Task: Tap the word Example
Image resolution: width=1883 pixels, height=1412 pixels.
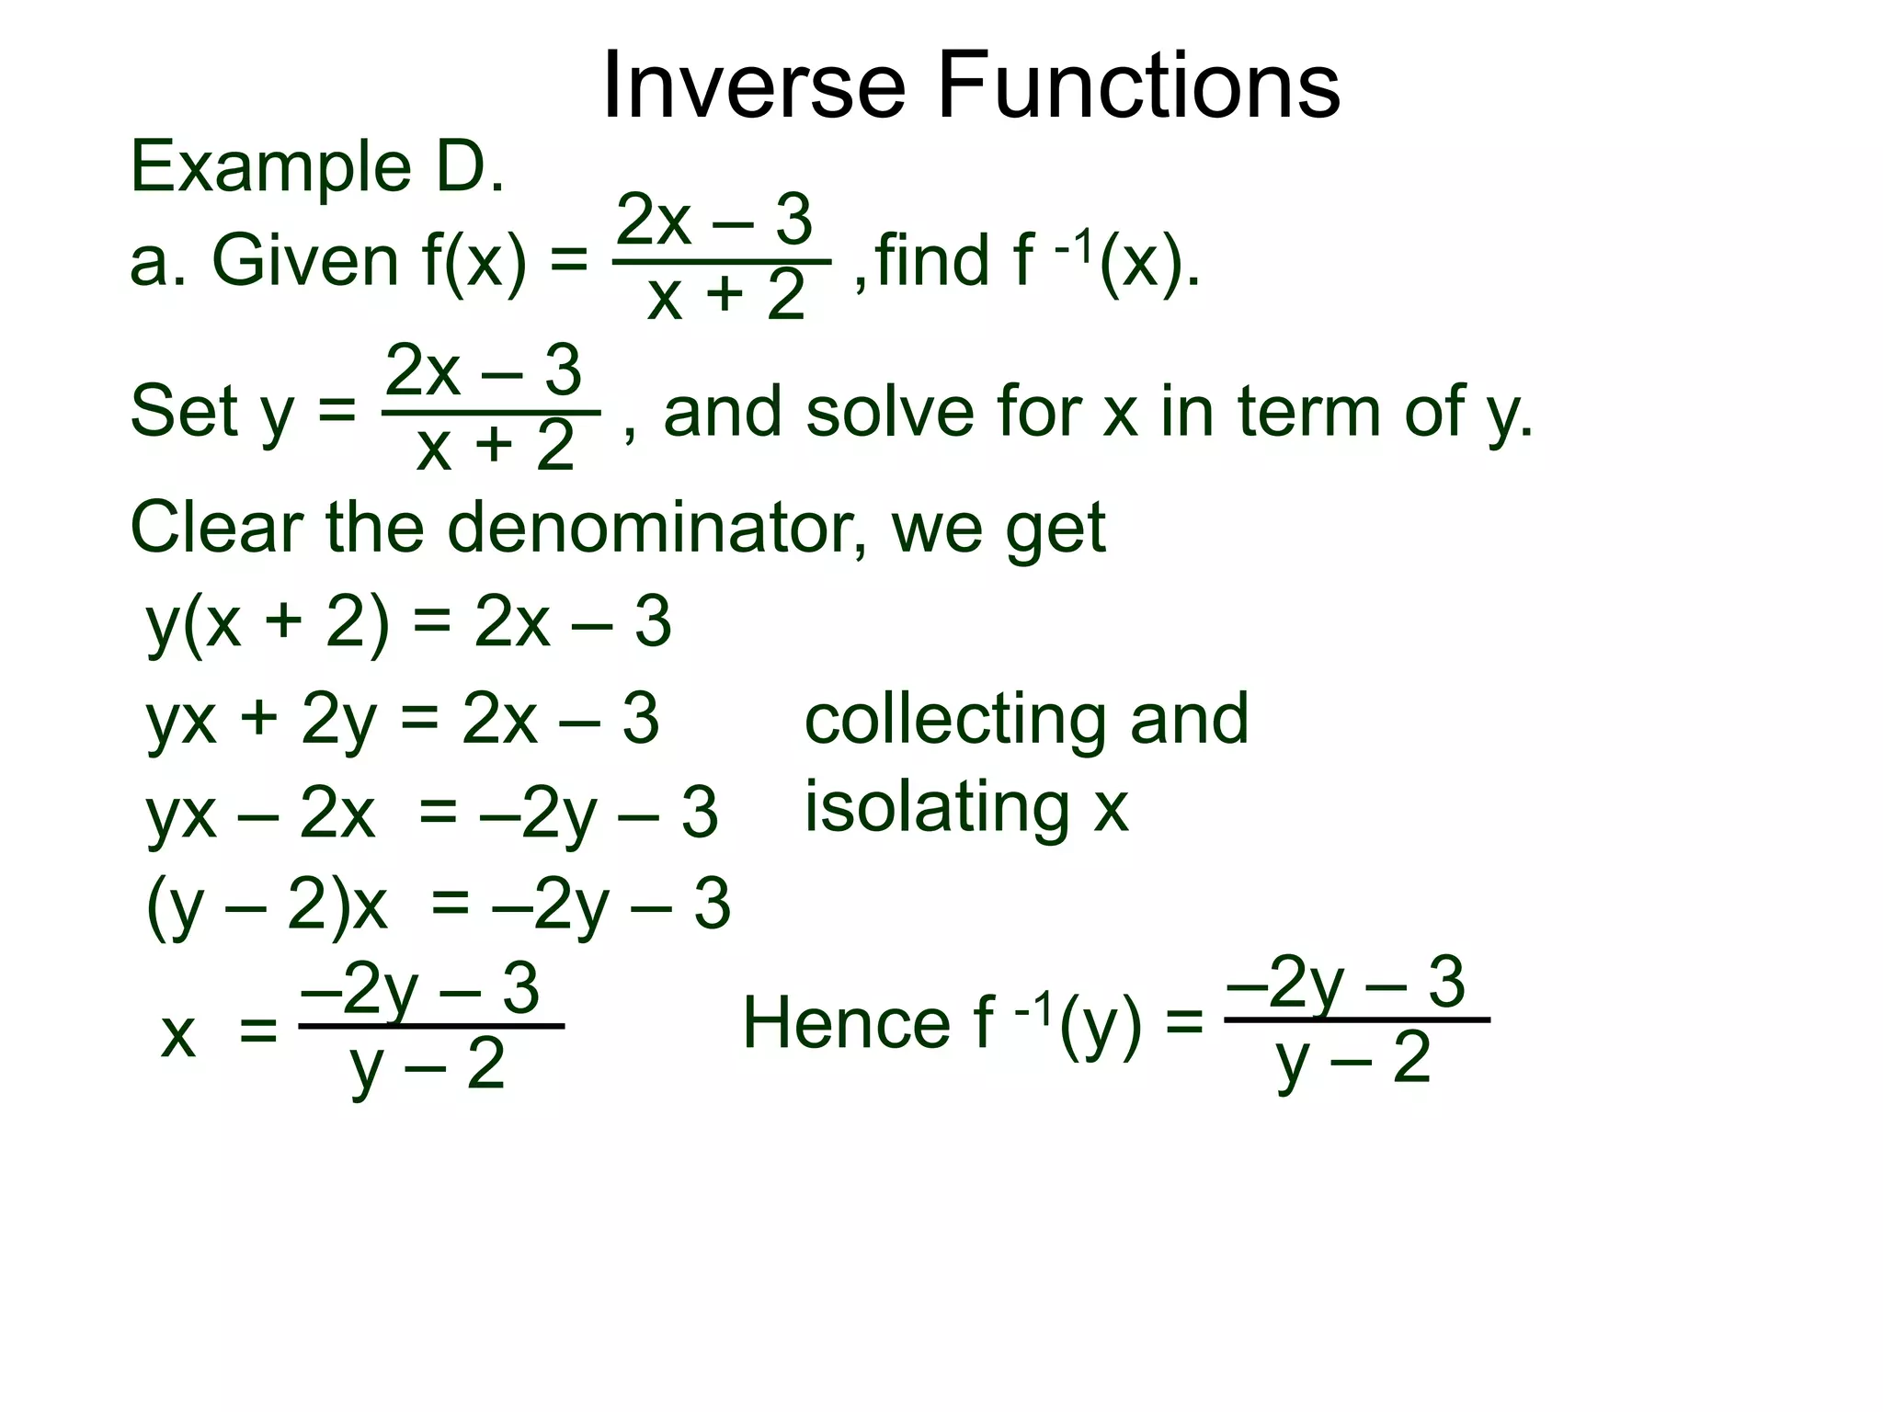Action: (270, 168)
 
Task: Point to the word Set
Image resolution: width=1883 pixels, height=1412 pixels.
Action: (183, 411)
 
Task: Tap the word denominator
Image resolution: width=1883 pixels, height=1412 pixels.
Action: (655, 529)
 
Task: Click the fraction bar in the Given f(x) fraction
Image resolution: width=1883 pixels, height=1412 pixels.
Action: (722, 262)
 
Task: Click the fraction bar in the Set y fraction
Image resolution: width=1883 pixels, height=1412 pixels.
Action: (491, 413)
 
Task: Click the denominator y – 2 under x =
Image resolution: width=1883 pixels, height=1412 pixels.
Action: (428, 1066)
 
